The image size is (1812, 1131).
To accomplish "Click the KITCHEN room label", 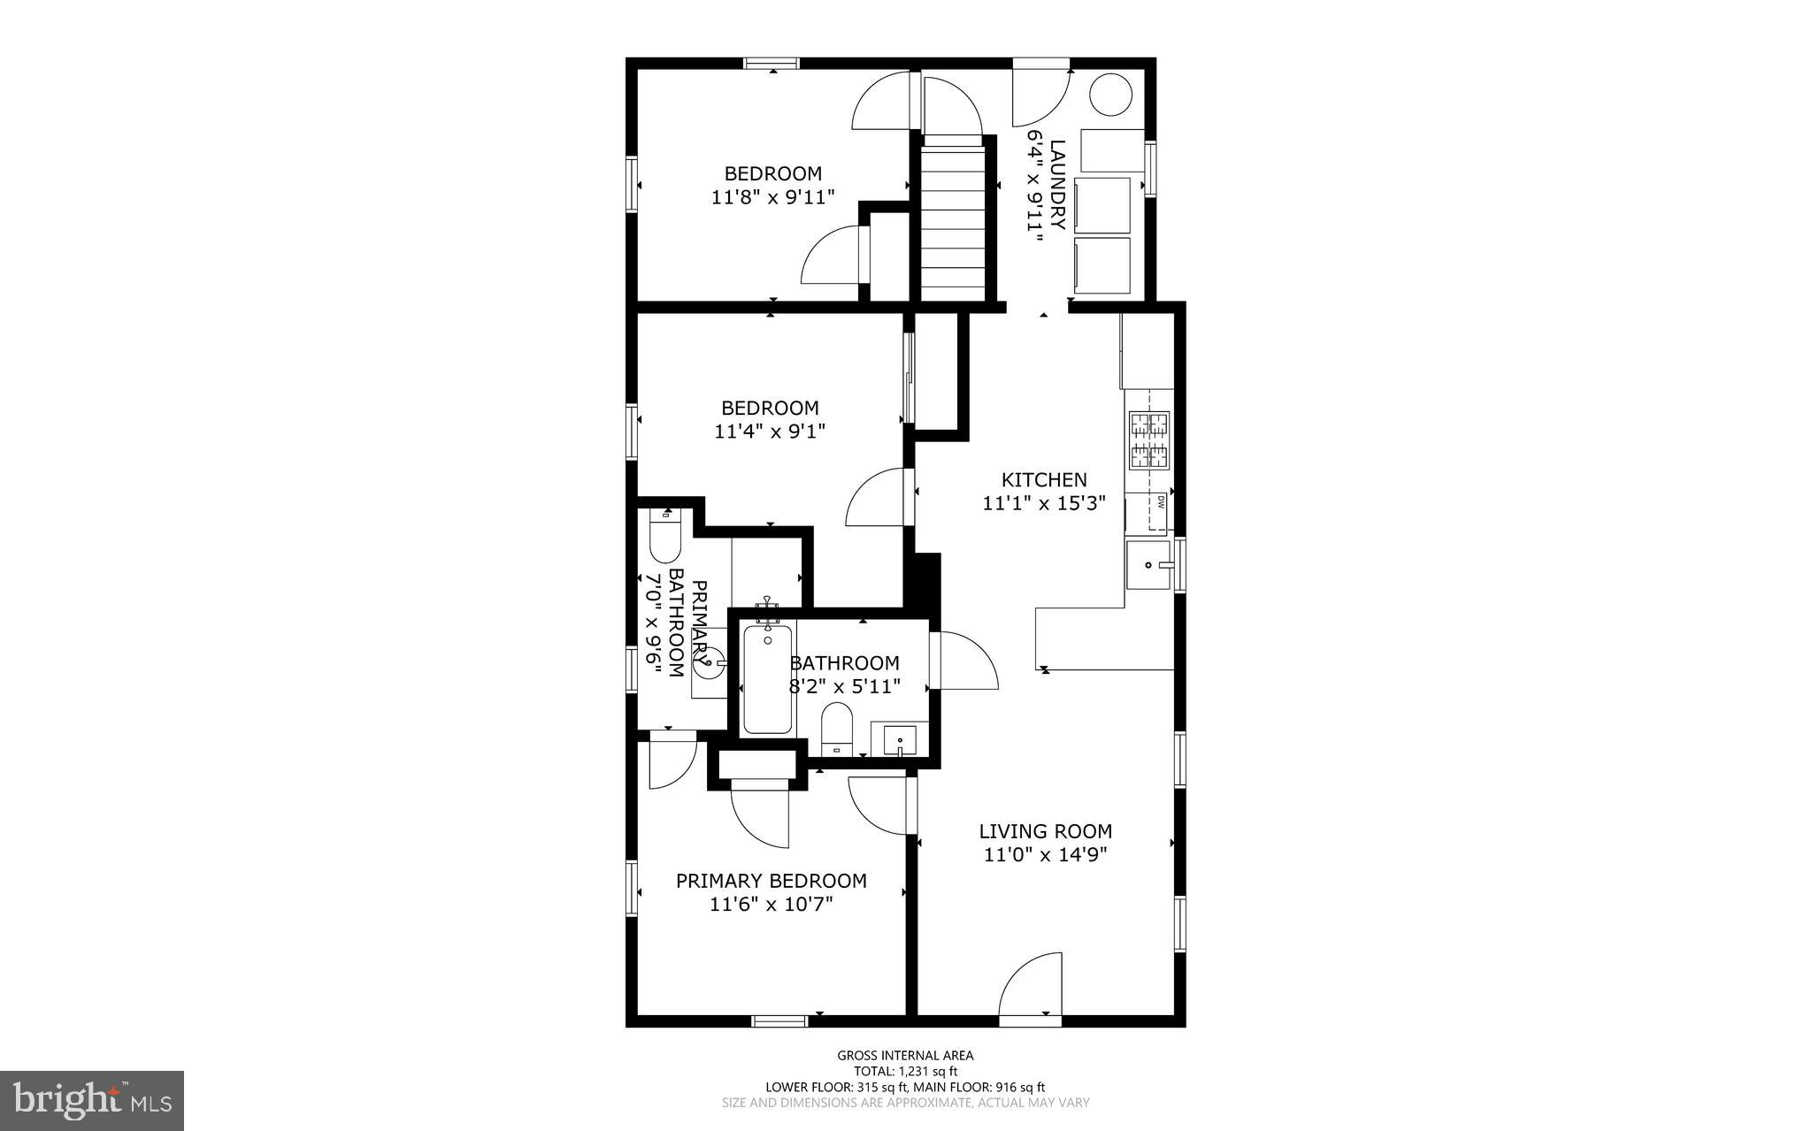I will tap(1044, 480).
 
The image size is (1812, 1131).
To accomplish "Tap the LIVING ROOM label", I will tap(1045, 831).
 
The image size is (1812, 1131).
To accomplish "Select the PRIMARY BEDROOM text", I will tap(771, 881).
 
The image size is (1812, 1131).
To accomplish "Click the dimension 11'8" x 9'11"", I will tap(772, 197).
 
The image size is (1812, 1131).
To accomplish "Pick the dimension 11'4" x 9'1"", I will tap(770, 432).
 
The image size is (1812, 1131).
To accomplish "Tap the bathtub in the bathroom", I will tap(767, 679).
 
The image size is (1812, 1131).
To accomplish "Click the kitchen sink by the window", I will tap(1148, 565).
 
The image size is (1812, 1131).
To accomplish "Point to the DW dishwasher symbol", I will tap(1159, 503).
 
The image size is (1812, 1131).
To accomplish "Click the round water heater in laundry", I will tap(1111, 95).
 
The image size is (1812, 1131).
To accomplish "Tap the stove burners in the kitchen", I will tap(1148, 440).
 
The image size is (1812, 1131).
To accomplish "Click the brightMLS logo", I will tap(92, 1100).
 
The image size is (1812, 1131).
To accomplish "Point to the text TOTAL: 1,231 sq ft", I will tap(905, 1071).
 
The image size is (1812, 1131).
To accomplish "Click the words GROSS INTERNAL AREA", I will tap(905, 1055).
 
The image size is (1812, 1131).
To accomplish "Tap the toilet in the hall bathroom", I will tap(836, 729).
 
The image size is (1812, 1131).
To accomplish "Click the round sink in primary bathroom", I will tap(710, 663).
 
